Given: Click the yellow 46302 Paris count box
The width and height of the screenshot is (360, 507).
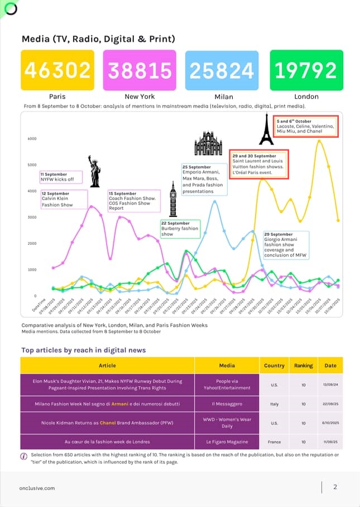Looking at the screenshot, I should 57,70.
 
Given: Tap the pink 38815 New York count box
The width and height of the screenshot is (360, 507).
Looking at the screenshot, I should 140,70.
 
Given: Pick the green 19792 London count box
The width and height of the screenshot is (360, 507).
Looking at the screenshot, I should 306,70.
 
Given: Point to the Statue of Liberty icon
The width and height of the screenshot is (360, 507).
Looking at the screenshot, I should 94,171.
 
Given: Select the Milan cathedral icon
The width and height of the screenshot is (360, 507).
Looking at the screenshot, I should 208,144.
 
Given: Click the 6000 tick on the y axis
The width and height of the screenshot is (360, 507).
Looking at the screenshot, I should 32,138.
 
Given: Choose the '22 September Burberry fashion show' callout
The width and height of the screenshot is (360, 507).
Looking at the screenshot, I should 180,229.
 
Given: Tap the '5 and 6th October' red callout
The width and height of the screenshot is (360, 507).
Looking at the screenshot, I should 305,127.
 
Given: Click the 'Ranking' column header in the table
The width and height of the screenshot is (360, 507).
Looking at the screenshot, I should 304,366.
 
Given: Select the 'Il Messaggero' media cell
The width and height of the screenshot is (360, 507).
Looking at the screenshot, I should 227,404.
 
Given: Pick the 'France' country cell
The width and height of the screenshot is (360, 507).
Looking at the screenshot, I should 275,442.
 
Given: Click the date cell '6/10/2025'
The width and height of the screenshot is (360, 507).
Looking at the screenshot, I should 330,423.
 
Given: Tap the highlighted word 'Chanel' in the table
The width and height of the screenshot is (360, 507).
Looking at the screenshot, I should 108,423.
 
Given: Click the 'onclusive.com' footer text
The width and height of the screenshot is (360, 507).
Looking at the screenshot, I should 37,487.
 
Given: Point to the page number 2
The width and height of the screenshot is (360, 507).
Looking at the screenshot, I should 335,487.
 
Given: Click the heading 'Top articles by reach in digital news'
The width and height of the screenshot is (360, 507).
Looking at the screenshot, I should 84,350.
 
